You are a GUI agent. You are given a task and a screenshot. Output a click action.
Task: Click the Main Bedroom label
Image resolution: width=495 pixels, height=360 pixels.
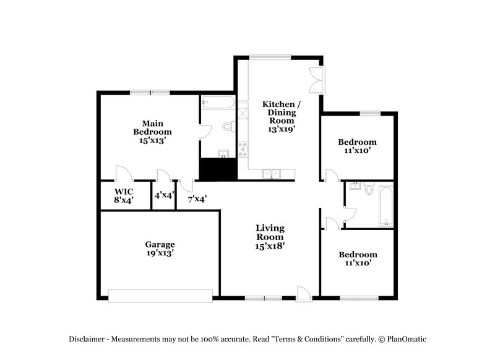pos(152,132)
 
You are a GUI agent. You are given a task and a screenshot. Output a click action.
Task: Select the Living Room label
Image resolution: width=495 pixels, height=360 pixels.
pos(270,237)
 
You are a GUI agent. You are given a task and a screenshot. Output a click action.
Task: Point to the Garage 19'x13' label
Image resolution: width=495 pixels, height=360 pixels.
pos(160,249)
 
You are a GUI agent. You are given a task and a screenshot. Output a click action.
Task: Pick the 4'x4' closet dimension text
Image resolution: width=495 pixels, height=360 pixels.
pos(164,195)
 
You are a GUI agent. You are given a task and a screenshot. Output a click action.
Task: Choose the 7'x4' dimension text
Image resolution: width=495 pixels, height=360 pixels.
pos(197,199)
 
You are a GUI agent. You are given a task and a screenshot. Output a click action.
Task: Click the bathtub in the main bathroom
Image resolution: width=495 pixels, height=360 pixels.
pos(216,101)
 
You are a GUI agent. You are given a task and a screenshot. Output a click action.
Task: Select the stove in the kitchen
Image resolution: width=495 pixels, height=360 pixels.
pos(243,149)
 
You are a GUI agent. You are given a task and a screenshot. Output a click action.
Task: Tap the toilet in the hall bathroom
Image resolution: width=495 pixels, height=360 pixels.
pos(369,188)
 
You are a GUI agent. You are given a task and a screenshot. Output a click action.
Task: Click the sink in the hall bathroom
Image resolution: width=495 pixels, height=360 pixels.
pos(355,186)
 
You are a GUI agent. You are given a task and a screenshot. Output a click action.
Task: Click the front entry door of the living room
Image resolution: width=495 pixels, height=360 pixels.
pos(303,294)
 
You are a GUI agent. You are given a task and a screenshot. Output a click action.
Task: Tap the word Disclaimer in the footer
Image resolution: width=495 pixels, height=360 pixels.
pos(87,339)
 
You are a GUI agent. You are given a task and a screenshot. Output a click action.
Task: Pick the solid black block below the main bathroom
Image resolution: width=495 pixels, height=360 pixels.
pos(217,169)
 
